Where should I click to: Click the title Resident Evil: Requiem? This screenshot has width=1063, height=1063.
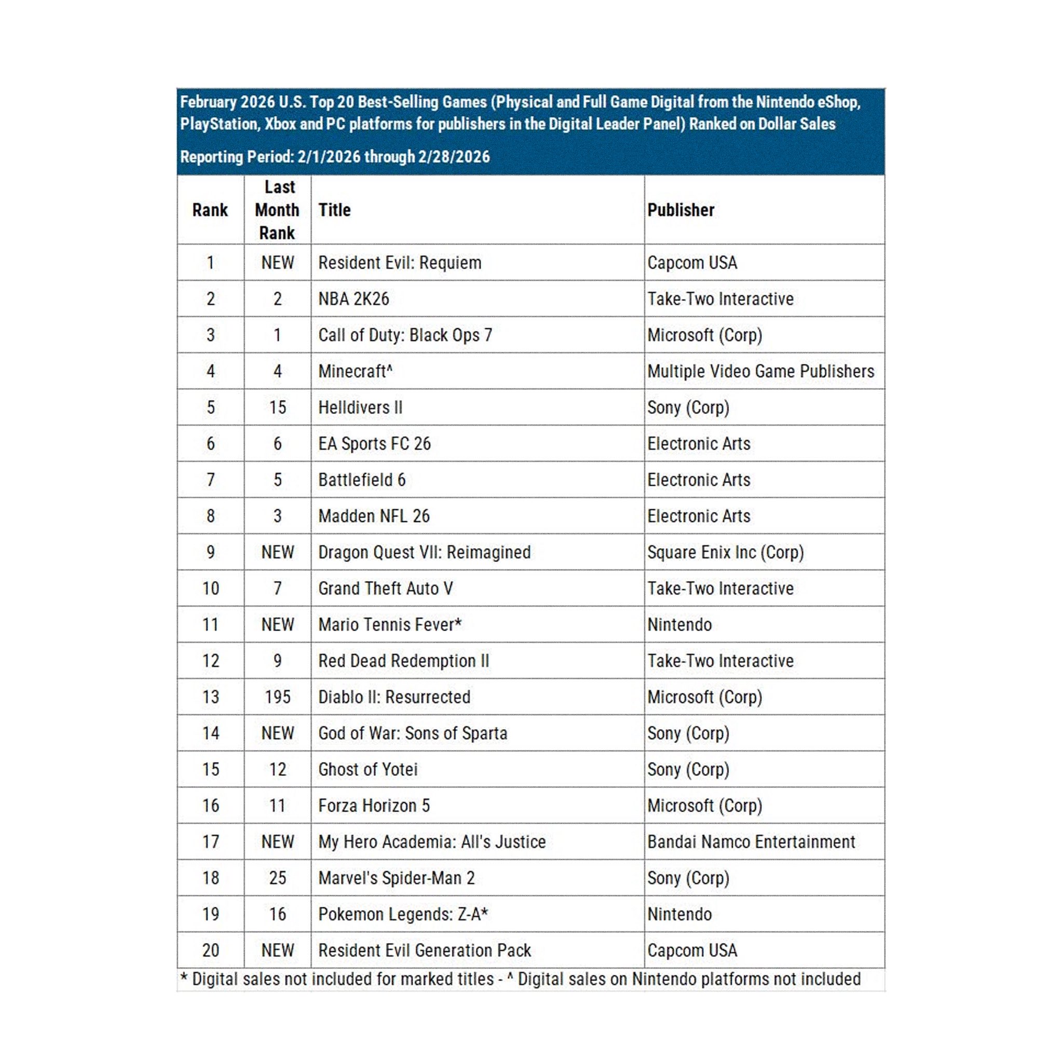coord(400,263)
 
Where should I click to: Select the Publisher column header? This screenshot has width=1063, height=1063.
coord(680,210)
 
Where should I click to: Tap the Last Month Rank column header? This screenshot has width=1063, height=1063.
coord(277,210)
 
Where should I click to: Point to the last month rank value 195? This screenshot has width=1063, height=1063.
coord(277,697)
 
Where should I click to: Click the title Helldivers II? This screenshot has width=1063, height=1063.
coord(360,407)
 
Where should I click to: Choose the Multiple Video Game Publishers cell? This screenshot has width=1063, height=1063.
coord(760,372)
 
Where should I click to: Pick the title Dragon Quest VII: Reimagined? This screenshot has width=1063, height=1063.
coord(424,552)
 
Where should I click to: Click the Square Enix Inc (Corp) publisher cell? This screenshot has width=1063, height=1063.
coord(725,552)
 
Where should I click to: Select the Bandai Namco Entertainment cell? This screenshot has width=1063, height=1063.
coord(751,842)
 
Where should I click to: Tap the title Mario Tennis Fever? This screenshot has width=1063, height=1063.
coord(390,624)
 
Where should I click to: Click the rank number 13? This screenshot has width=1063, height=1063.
coord(211,697)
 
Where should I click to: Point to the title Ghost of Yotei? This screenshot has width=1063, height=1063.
coord(367,769)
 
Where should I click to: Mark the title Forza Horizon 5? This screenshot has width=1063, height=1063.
coord(374,806)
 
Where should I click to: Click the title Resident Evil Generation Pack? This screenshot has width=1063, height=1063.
coord(424,950)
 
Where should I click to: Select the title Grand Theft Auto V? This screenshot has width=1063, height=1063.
coord(385,589)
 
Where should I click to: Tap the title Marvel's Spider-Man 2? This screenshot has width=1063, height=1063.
coord(396,878)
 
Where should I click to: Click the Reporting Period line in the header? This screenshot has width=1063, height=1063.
coord(335,157)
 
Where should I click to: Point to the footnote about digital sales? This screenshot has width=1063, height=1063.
coord(521,979)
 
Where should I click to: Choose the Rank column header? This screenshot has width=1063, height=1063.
coord(210,210)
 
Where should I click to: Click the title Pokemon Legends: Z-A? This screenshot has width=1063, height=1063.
coord(403,915)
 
